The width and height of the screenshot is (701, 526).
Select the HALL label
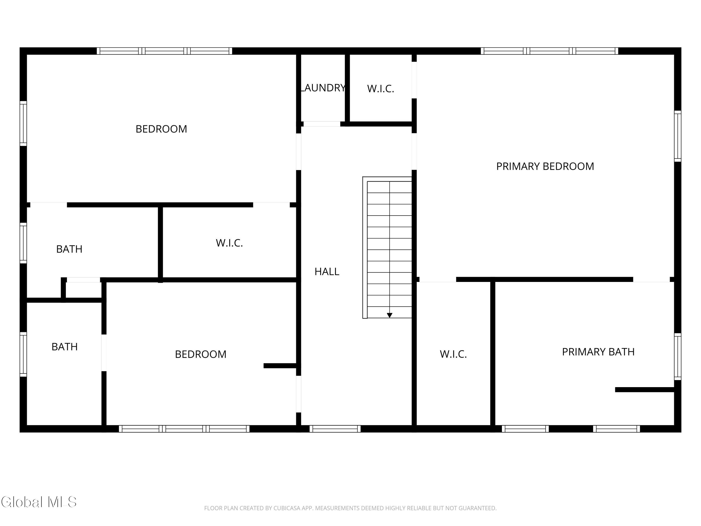327,272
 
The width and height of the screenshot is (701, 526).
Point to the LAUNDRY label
323,88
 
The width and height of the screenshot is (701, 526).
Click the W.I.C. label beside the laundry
381,89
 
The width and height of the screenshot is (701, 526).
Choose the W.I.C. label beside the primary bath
453,354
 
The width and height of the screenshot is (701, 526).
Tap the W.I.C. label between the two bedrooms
229,243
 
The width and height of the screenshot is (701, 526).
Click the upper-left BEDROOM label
161,129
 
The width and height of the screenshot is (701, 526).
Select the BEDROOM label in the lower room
200,354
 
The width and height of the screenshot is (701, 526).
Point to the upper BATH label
69,249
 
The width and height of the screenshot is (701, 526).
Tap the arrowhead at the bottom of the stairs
390,315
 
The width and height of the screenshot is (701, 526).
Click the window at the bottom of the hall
335,429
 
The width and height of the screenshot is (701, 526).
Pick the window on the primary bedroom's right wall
678,136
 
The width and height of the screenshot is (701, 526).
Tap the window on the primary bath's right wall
678,357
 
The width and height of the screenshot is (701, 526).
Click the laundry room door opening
322,124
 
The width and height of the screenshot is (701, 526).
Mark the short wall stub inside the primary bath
645,390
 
